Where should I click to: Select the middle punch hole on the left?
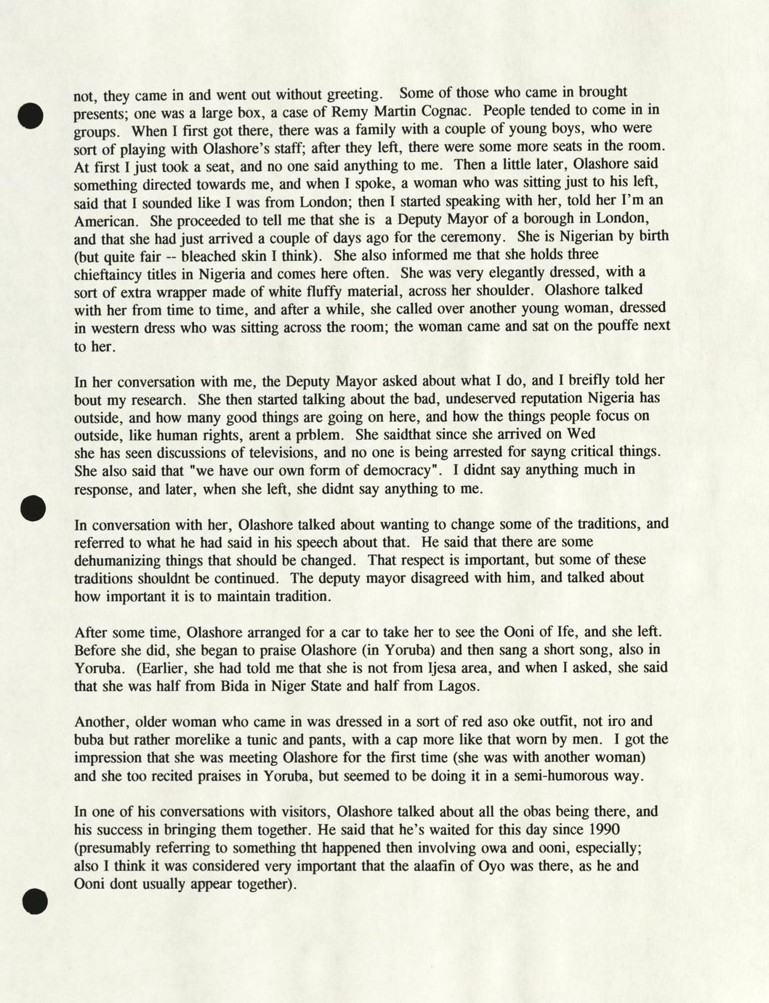click(33, 508)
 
